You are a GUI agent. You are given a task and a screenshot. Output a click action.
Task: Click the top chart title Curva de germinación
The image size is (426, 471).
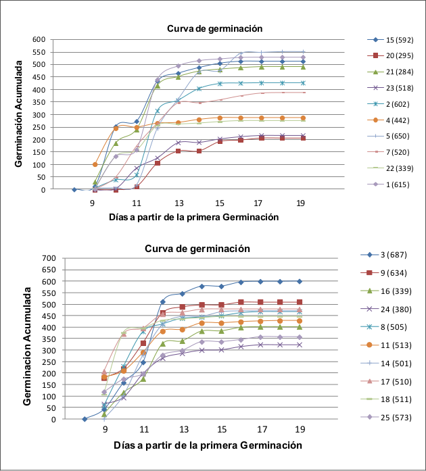(x=215, y=28)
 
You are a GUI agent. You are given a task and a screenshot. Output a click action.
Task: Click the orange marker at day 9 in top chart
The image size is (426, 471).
(x=95, y=164)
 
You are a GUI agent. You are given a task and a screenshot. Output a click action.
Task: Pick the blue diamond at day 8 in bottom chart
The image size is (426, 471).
(x=85, y=419)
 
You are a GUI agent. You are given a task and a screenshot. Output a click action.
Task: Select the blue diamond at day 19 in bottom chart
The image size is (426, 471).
(x=300, y=281)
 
